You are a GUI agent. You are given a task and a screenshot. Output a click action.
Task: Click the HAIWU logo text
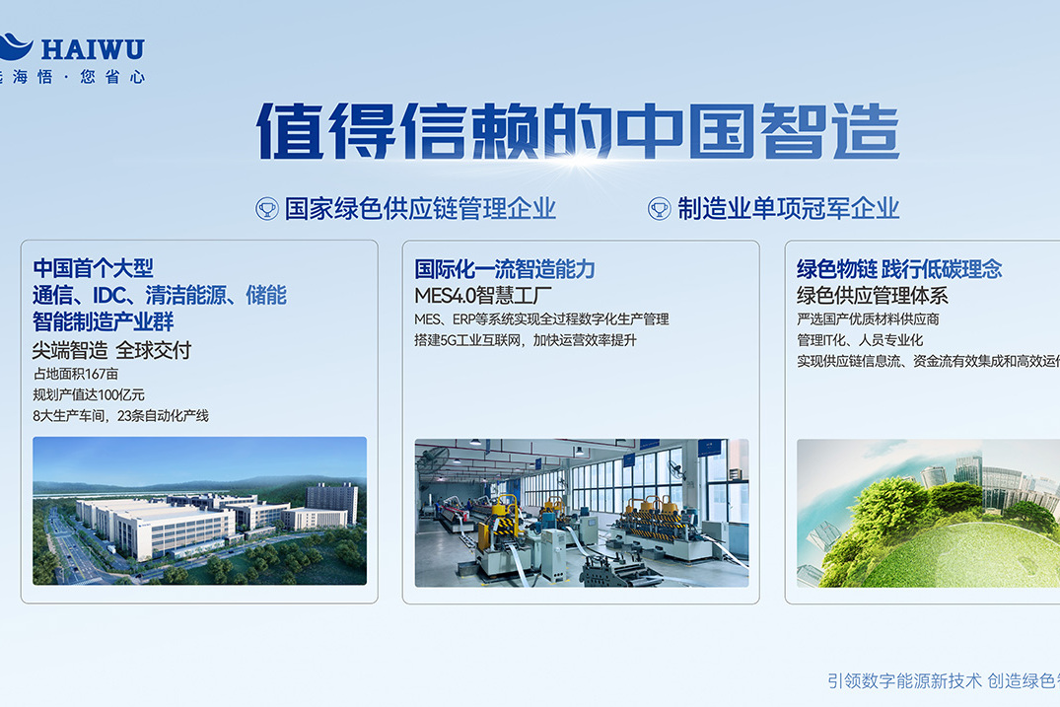pos(94,47)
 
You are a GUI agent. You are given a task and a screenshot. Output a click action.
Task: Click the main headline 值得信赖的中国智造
pos(578,132)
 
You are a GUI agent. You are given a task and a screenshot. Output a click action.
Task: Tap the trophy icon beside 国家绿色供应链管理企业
pos(267,208)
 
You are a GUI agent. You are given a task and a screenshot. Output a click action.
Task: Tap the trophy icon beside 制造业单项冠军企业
pos(659,208)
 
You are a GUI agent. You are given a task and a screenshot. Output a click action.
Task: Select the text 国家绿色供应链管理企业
pos(420,208)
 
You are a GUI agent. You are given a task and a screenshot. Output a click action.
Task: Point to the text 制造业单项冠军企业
pos(788,208)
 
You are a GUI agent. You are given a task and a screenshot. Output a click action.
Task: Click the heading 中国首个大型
pos(94,268)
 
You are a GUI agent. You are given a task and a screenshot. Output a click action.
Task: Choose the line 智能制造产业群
pos(104,321)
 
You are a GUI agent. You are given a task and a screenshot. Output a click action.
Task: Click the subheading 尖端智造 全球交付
pos(111,350)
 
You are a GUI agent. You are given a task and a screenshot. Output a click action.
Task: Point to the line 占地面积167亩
pos(76,374)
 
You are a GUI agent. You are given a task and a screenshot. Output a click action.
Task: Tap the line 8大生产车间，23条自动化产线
pos(120,416)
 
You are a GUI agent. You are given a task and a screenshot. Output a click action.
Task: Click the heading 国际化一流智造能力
pos(505,269)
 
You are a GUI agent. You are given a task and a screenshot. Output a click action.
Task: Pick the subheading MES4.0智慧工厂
pos(482,295)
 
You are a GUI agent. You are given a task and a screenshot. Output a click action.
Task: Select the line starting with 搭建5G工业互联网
pos(527,340)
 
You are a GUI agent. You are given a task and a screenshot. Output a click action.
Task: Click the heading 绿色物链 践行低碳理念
pos(898,269)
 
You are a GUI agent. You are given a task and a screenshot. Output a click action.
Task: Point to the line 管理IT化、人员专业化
pos(860,340)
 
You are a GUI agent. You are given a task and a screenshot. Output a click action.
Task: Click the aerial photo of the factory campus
pos(199,511)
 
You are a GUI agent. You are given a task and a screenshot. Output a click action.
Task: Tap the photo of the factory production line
pos(581,513)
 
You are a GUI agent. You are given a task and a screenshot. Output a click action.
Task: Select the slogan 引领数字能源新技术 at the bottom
pos(904,680)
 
